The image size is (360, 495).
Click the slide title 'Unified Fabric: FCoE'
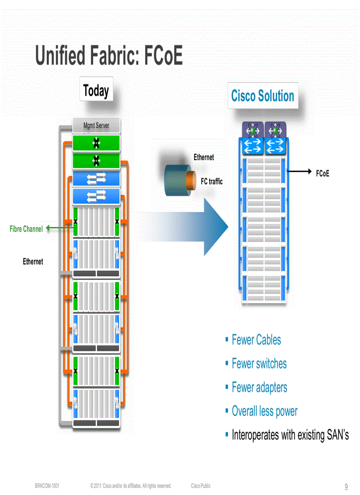[x=109, y=56]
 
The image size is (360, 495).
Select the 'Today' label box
[x=96, y=91]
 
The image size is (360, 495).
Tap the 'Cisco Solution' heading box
[x=262, y=96]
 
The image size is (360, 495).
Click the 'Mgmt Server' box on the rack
[x=96, y=126]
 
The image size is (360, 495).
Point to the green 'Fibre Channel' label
[x=26, y=229]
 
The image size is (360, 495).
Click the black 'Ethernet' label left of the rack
[x=33, y=262]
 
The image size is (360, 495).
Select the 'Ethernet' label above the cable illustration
[x=204, y=157]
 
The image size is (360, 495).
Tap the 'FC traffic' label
[x=212, y=181]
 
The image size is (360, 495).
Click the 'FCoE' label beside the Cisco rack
[x=322, y=174]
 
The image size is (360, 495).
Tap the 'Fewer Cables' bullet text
[x=256, y=340]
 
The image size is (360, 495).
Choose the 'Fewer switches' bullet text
[x=259, y=364]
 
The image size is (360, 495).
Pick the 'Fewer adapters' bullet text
[x=259, y=387]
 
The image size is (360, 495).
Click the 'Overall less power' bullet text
[x=264, y=411]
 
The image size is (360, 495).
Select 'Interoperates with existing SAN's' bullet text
[x=290, y=435]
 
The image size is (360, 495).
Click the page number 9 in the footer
[x=346, y=487]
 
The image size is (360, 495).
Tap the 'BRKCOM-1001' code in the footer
[x=47, y=486]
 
